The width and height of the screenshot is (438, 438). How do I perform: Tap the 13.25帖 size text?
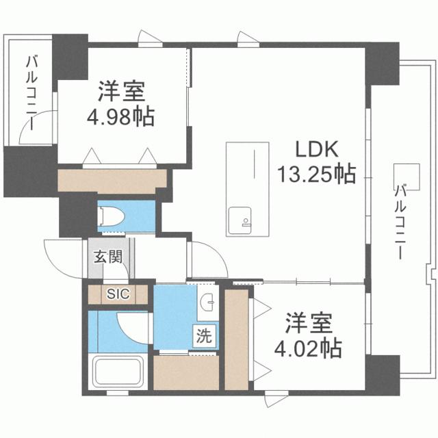[x=316, y=175]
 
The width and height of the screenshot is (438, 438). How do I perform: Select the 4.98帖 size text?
[x=120, y=115]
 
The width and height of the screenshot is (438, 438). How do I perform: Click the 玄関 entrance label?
[x=107, y=257]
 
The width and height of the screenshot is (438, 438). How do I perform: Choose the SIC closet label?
[x=118, y=294]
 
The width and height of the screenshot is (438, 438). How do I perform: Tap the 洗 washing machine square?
[x=205, y=336]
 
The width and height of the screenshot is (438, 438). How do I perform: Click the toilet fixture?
[x=114, y=217]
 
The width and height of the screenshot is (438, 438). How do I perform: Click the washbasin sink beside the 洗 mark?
[x=208, y=301]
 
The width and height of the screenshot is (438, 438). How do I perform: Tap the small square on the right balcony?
[x=411, y=172]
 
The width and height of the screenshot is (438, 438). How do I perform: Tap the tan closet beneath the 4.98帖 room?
[x=112, y=179]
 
